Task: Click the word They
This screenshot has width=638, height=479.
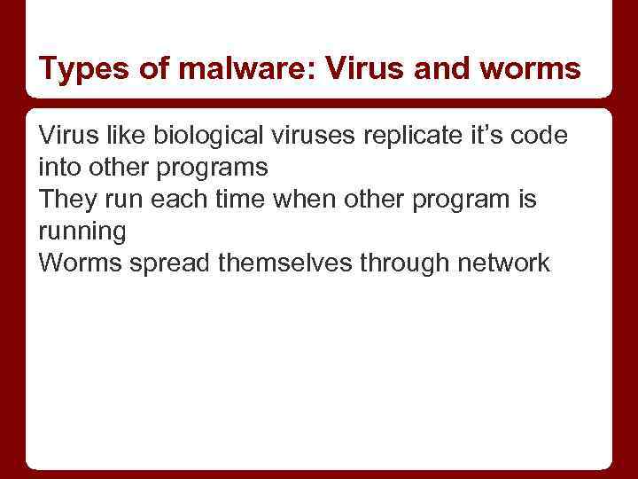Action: [66, 200]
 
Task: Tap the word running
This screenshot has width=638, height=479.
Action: [82, 232]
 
